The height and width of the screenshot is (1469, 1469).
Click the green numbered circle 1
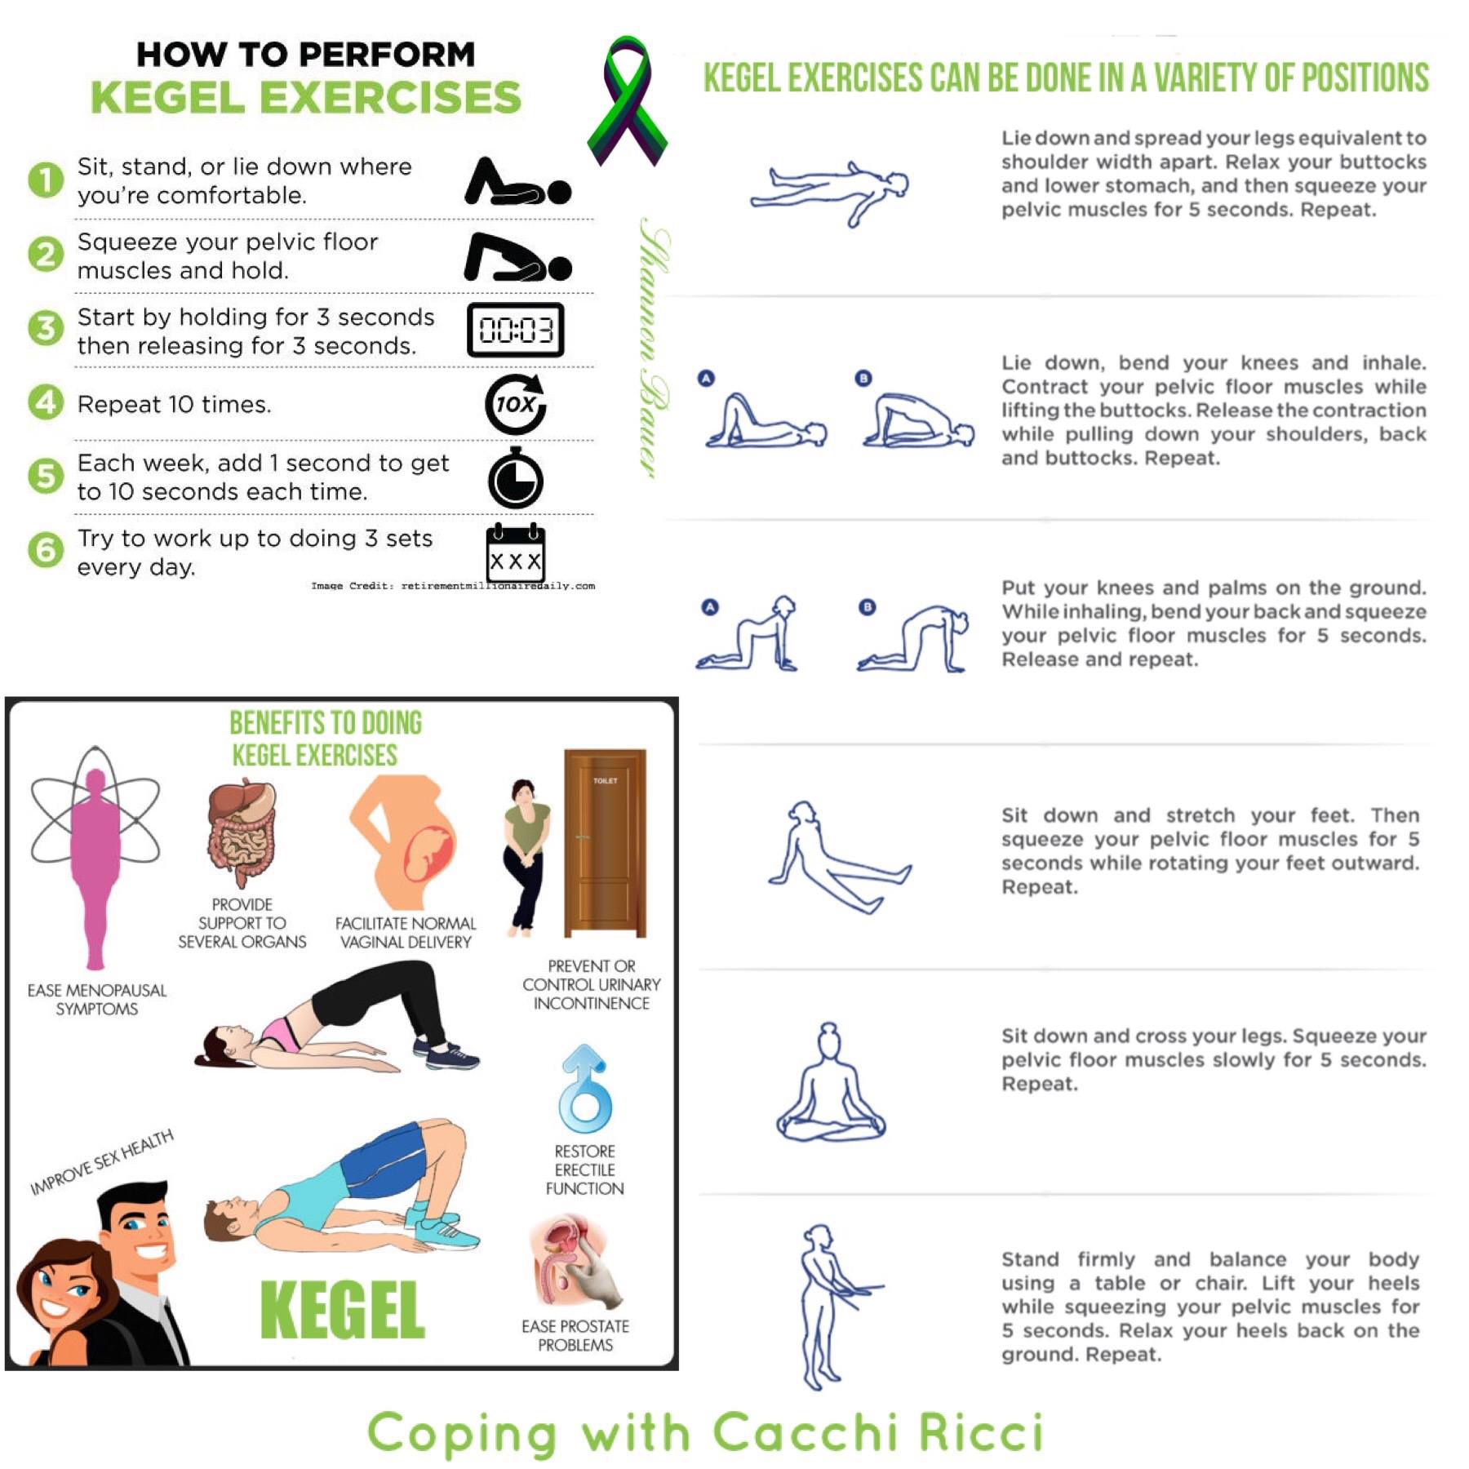pos(46,180)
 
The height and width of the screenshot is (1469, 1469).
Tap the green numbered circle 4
pos(46,402)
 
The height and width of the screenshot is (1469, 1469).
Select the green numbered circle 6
pos(46,550)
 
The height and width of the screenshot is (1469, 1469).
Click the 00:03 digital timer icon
pos(515,330)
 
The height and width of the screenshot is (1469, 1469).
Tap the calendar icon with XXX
pos(516,553)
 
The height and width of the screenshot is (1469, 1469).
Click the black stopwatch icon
pos(516,478)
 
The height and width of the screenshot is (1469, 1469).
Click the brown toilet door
pos(605,843)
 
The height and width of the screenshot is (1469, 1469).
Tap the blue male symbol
pos(584,1089)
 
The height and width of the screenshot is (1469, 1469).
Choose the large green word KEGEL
pos(343,1309)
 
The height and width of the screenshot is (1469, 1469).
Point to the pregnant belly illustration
pos(406,842)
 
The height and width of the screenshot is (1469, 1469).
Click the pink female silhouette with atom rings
pos(95,857)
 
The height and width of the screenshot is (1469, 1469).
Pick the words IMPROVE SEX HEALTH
pos(102,1162)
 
